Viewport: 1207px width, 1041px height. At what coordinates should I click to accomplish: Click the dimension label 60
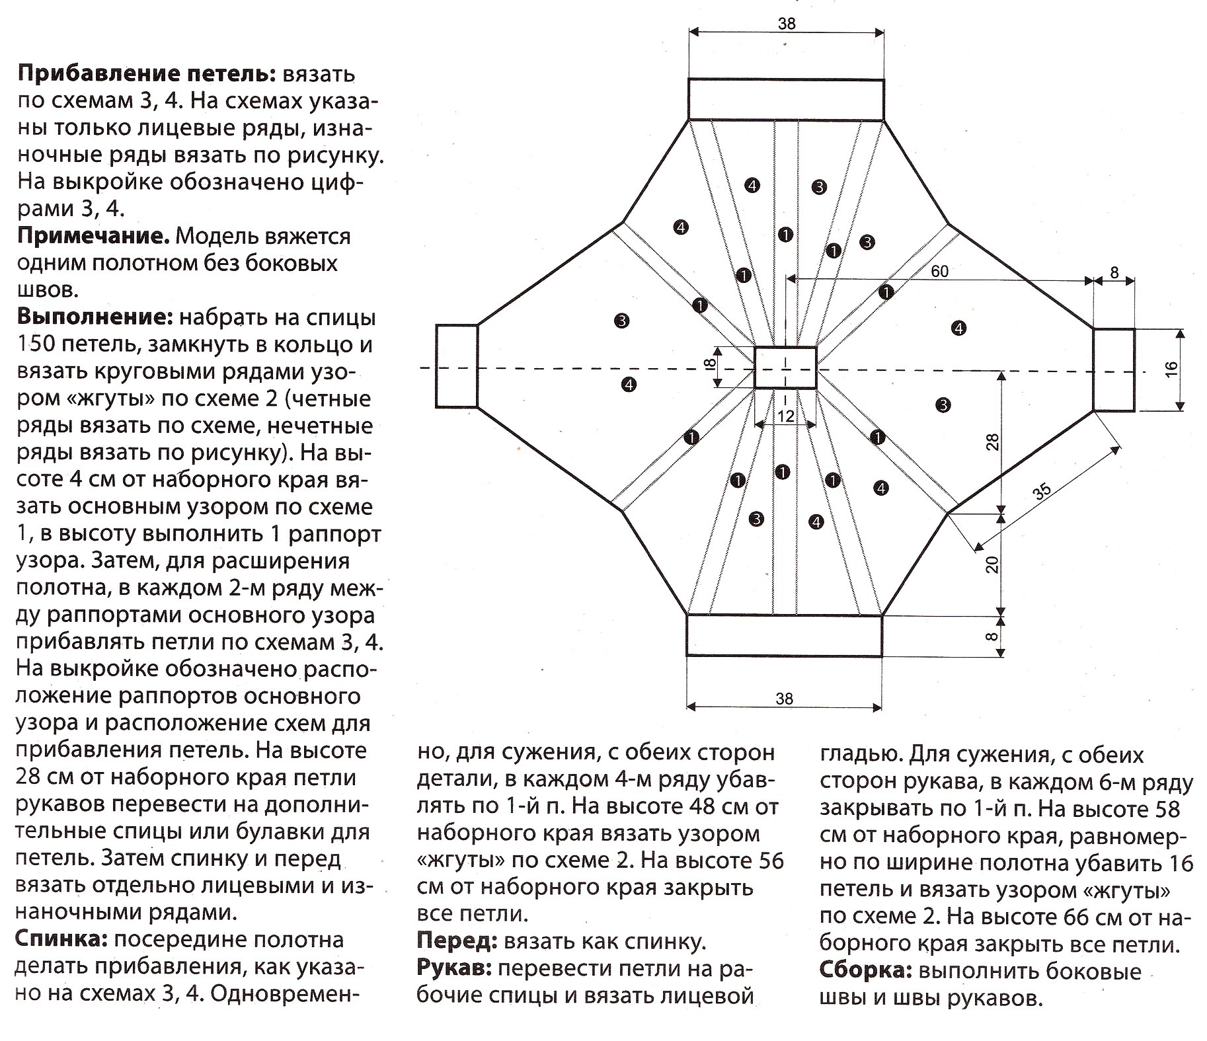coord(939,271)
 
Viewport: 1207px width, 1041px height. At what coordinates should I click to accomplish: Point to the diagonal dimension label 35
coord(1042,493)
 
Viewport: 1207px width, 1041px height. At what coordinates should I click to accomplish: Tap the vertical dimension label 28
coord(992,442)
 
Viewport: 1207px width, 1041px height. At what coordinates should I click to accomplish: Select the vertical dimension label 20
coord(992,564)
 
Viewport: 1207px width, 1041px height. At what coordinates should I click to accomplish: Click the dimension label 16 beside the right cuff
coord(1171,369)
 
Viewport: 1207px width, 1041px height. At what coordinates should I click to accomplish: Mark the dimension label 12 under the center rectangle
coord(785,416)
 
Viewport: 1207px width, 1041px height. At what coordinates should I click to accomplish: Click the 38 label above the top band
coord(787,24)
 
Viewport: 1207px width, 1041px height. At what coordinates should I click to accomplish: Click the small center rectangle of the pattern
coord(785,367)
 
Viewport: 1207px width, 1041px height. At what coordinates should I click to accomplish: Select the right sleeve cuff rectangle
coord(1114,369)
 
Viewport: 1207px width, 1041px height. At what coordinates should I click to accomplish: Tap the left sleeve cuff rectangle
coord(456,366)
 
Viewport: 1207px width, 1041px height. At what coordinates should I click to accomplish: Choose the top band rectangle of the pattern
coord(786,99)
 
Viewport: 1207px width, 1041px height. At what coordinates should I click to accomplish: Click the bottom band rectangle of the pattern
coord(784,635)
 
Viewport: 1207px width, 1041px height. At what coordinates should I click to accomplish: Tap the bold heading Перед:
coord(457,941)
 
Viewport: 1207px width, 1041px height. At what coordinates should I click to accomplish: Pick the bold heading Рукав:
coord(454,968)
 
